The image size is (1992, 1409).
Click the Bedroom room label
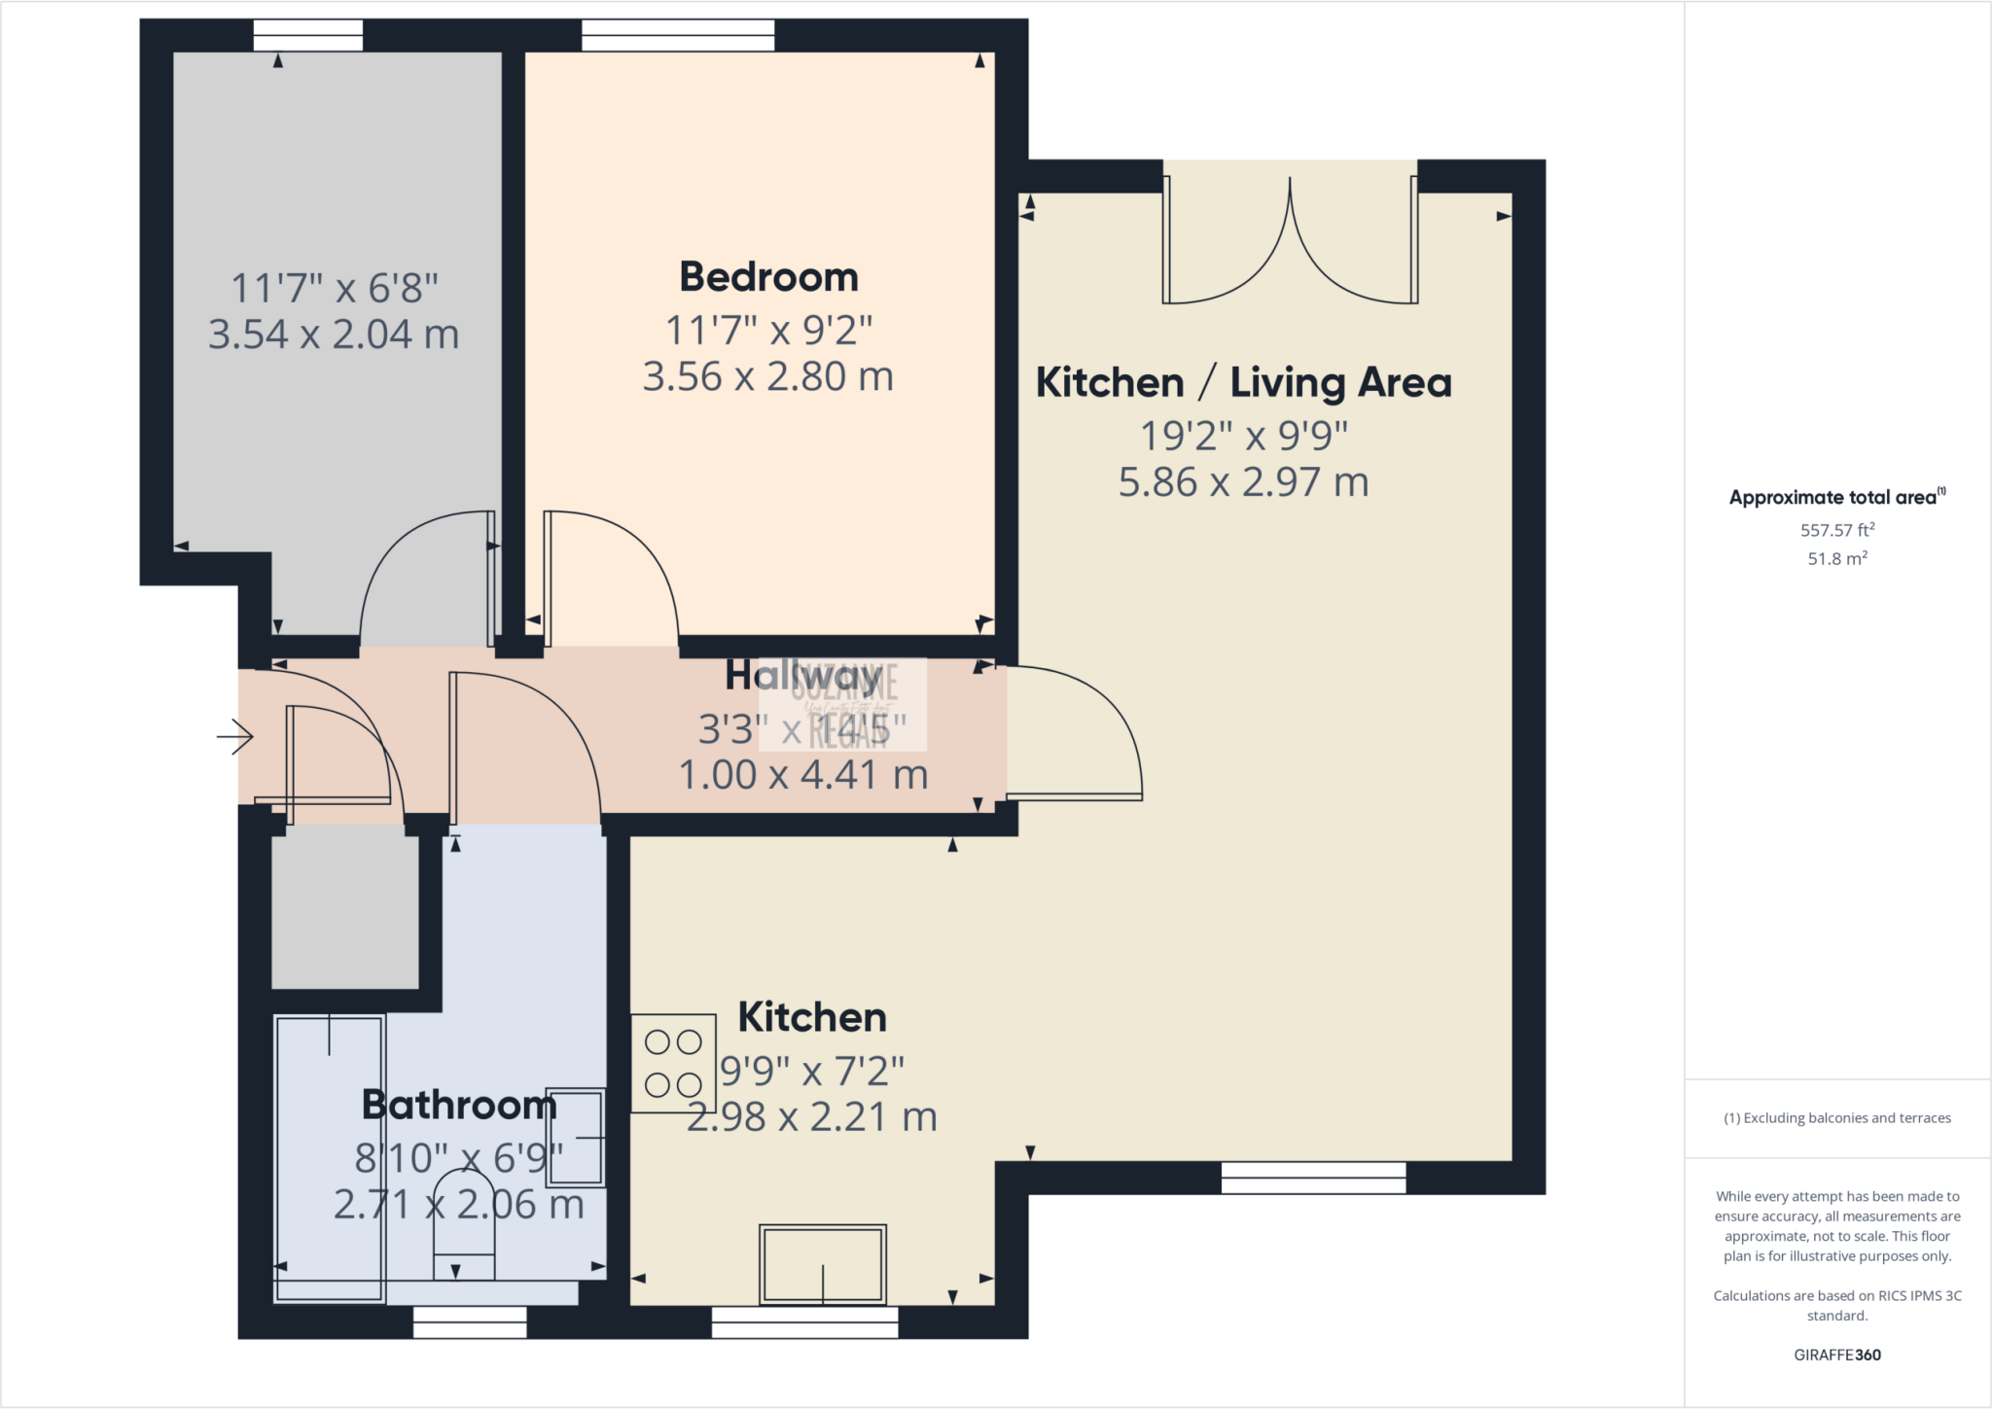click(x=768, y=277)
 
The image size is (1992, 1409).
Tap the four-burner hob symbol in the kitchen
click(x=673, y=1063)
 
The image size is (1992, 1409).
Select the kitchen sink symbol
click(x=823, y=1264)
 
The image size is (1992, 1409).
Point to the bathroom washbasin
click(x=576, y=1137)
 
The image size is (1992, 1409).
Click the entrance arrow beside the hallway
click(x=234, y=736)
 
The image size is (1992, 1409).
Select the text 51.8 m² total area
click(x=1836, y=559)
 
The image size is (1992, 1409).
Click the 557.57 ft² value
click(x=1836, y=530)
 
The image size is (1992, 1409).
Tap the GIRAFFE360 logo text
click(x=1836, y=1355)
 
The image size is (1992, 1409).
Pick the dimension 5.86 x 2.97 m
click(x=1243, y=482)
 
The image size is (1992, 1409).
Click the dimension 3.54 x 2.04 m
click(x=334, y=335)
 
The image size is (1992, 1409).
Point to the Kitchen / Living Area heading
click(x=1243, y=382)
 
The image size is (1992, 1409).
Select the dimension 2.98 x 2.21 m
click(x=812, y=1117)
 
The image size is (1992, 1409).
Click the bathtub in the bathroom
click(x=330, y=1157)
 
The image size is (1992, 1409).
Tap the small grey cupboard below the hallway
click(x=345, y=911)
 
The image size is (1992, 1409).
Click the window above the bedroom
click(x=678, y=36)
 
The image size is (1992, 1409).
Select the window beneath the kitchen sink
click(x=804, y=1321)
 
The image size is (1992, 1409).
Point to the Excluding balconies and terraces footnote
click(x=1836, y=1118)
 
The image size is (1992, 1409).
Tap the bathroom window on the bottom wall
click(x=470, y=1321)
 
